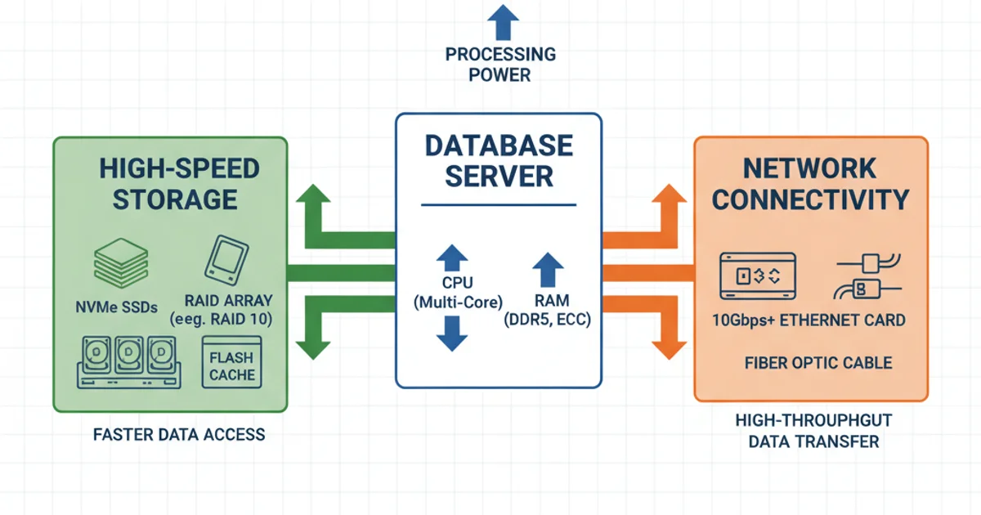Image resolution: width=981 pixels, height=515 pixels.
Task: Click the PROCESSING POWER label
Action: pos(499,65)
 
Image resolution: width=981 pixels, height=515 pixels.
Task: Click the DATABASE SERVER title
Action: pos(499,160)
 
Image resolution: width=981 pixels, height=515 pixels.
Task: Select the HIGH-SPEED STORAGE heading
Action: pos(179,183)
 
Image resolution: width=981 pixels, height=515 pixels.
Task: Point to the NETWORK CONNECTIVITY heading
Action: pos(810,183)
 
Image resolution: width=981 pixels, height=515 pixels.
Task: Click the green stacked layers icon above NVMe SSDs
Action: pos(121,263)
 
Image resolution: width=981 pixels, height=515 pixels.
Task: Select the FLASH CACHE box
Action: pos(231,365)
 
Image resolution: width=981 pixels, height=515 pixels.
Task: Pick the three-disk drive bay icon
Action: pos(127,361)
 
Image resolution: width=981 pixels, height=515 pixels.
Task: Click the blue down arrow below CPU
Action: pos(452,334)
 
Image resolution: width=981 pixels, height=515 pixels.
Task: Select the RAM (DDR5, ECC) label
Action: pos(548,311)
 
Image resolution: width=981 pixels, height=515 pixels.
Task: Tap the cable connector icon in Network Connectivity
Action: pos(867,276)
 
